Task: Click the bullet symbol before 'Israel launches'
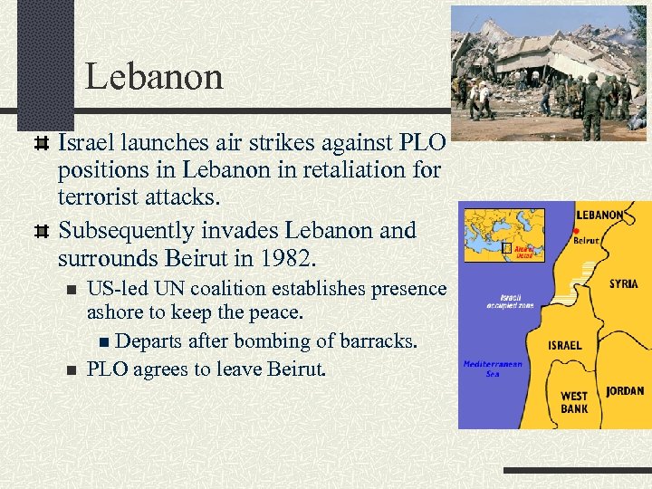coord(40,142)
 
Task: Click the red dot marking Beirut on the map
coord(576,230)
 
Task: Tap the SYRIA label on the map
coord(623,283)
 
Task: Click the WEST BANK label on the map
coord(573,402)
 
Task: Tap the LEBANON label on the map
coord(599,216)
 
